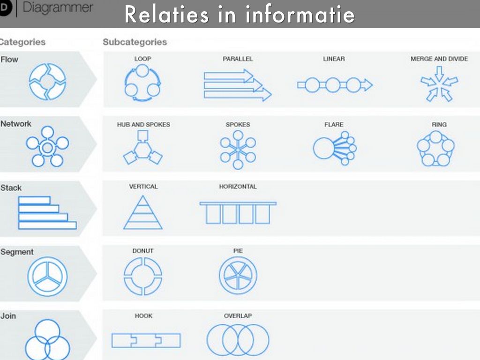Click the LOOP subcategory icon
point(142,83)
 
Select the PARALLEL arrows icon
point(237,85)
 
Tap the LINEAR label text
point(334,59)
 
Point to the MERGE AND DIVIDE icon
point(439,84)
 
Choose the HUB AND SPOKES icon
point(143,148)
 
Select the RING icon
point(436,149)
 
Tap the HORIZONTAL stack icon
point(238,213)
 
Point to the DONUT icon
point(143,276)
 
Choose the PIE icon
point(238,276)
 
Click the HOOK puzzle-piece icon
point(146,340)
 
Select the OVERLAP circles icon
point(238,340)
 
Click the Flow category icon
point(47,82)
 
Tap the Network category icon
point(47,147)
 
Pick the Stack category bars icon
point(47,213)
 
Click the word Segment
point(17,252)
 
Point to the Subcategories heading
point(135,42)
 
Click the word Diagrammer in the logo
point(58,8)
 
